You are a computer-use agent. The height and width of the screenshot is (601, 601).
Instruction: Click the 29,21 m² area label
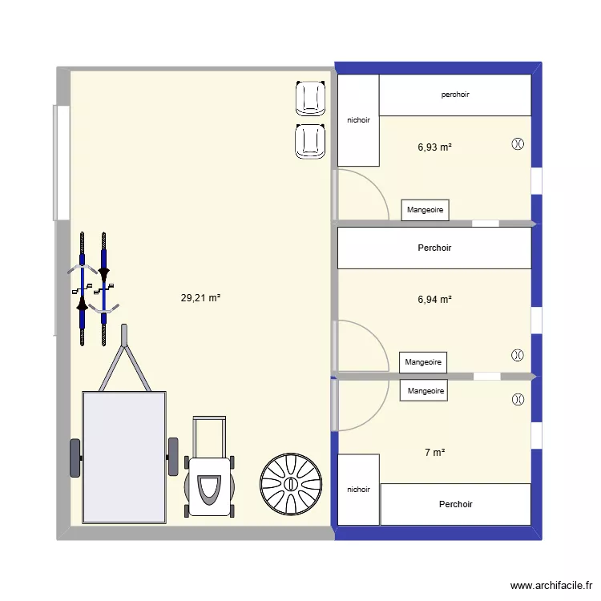[200, 297]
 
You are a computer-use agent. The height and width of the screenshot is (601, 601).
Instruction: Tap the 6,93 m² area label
[434, 147]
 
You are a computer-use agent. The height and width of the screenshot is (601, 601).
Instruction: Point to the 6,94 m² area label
[434, 299]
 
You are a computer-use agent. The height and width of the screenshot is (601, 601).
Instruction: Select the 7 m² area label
[434, 453]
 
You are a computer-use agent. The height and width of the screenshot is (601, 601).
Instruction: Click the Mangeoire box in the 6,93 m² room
[425, 210]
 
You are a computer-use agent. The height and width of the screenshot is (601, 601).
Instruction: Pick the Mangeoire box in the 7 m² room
[424, 391]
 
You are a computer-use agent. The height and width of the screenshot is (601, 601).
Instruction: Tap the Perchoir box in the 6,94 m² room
[434, 248]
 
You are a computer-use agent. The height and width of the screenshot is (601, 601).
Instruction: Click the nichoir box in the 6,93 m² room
[358, 120]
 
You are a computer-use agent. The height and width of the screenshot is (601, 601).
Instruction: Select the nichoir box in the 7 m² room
[359, 490]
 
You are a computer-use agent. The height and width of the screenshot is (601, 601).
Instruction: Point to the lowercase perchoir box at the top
[454, 95]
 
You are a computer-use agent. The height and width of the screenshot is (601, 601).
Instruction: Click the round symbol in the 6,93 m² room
[518, 144]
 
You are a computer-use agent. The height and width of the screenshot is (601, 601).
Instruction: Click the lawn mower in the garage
[210, 473]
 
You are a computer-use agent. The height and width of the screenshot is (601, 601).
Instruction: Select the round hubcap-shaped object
[291, 484]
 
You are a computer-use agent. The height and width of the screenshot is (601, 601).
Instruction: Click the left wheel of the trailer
[75, 458]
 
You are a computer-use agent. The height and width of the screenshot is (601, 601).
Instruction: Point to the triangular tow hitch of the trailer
[124, 361]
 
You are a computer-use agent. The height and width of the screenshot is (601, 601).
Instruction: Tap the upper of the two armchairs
[311, 99]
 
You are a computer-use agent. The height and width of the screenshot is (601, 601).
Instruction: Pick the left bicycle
[82, 288]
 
